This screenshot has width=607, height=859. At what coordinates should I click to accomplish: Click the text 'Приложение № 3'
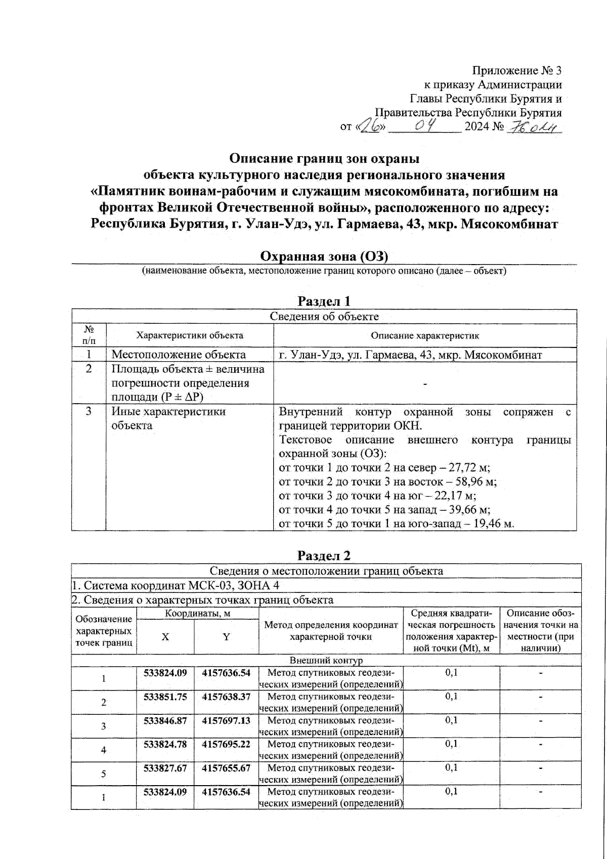(516, 70)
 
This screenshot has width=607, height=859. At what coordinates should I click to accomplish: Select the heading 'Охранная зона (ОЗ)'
(324, 256)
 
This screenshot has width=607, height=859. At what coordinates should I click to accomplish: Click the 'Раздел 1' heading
(324, 301)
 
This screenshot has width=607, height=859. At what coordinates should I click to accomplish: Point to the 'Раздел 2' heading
(324, 555)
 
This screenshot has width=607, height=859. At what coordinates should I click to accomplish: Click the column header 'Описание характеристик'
(425, 335)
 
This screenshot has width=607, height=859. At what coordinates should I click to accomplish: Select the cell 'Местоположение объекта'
(179, 355)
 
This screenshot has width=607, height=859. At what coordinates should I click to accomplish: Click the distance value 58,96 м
(475, 482)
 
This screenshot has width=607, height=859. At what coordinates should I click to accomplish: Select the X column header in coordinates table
(165, 637)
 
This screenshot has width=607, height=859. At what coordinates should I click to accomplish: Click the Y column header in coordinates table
(226, 637)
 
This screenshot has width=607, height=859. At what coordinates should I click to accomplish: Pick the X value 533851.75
(165, 697)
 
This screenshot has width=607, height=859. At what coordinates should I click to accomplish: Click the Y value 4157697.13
(226, 720)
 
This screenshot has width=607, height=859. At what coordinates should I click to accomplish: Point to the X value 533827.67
(165, 768)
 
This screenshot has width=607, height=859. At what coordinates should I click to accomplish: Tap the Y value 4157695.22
(226, 744)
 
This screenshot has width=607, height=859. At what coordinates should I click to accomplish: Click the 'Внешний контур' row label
(326, 660)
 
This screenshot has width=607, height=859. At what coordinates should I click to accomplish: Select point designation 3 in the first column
(104, 726)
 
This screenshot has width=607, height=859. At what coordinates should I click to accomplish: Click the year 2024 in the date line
(476, 126)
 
